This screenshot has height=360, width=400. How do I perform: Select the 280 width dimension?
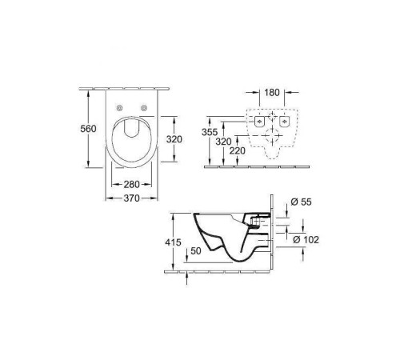134,185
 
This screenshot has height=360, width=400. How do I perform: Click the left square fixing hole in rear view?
260,122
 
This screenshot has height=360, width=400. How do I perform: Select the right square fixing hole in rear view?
286,122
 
